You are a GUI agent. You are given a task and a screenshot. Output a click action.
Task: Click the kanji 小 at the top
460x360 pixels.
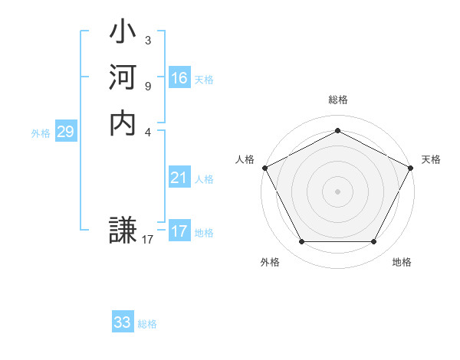pyautogui.click(x=123, y=34)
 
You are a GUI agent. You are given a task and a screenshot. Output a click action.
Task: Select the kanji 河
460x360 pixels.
pyautogui.click(x=123, y=78)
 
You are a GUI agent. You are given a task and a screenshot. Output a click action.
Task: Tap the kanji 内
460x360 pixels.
pyautogui.click(x=123, y=122)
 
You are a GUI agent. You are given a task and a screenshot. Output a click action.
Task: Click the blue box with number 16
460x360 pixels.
pyautogui.click(x=179, y=78)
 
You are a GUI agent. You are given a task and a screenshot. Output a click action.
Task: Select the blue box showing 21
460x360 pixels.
pyautogui.click(x=179, y=178)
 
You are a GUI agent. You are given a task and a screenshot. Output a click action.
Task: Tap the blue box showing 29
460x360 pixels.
pyautogui.click(x=65, y=133)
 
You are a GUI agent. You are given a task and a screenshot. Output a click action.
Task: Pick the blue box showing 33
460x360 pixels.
pyautogui.click(x=123, y=322)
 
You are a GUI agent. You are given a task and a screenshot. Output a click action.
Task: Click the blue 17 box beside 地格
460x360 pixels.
pyautogui.click(x=179, y=231)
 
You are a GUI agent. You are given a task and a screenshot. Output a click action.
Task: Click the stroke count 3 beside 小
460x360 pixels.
pyautogui.click(x=147, y=40)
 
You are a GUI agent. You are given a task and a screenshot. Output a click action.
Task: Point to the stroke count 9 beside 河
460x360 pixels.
pyautogui.click(x=147, y=85)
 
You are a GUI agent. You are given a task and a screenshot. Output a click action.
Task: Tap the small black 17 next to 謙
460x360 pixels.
pyautogui.click(x=148, y=240)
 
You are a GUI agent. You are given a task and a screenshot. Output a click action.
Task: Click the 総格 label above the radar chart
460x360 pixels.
pyautogui.click(x=337, y=100)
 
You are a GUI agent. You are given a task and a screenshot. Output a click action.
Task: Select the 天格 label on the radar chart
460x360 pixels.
pyautogui.click(x=431, y=159)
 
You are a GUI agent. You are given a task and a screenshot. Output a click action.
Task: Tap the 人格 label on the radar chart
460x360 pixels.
pyautogui.click(x=245, y=159)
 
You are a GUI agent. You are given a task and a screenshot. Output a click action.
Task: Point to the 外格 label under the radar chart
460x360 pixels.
pyautogui.click(x=270, y=263)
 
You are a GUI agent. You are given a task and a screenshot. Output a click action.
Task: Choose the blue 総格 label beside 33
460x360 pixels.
pyautogui.click(x=147, y=324)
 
